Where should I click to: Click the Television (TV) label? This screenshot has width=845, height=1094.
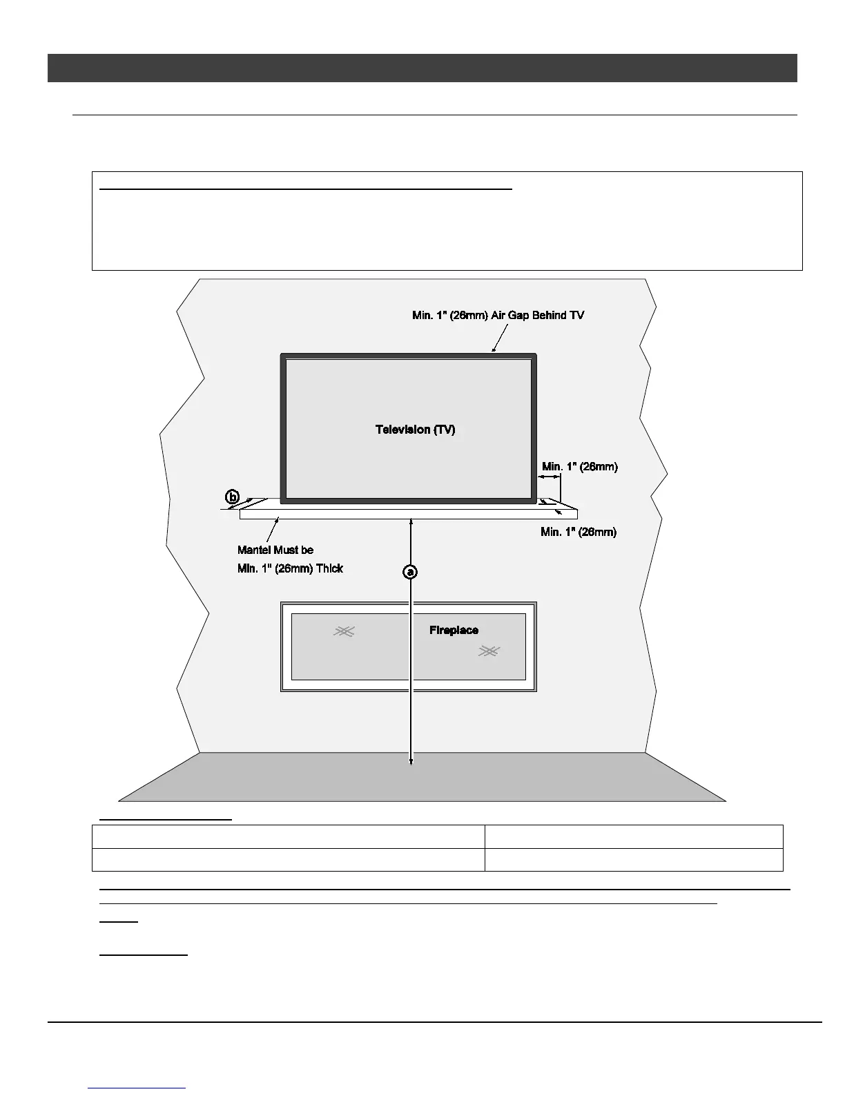(415, 430)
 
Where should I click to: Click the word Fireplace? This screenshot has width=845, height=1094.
(454, 630)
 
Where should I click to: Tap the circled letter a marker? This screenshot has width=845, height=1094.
(411, 572)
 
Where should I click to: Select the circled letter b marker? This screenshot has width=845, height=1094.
(233, 497)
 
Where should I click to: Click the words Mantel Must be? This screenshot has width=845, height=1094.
(275, 550)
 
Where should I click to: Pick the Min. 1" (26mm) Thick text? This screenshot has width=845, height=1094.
(290, 568)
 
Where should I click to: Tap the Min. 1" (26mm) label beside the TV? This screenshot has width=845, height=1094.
(579, 466)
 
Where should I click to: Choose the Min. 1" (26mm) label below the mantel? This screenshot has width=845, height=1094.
(578, 532)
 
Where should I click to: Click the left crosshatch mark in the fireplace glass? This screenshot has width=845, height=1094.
(344, 631)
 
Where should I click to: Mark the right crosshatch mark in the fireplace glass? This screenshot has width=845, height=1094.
(489, 651)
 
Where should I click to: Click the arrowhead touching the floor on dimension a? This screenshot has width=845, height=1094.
(411, 761)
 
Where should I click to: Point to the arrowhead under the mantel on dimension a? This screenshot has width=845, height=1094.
(411, 523)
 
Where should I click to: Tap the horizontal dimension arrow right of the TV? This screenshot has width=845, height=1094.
(549, 477)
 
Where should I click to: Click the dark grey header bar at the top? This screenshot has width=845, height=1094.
(422, 68)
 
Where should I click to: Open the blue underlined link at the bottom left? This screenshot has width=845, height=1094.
(137, 1088)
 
